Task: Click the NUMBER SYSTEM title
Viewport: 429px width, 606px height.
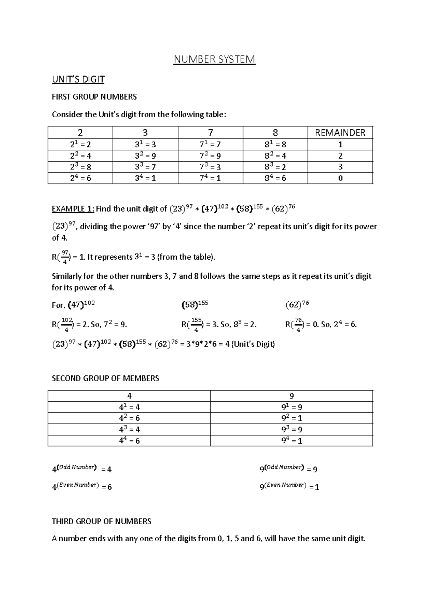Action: pos(214,59)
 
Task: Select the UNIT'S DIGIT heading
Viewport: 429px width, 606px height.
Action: pos(78,79)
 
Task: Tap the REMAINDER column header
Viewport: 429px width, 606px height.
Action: pos(340,133)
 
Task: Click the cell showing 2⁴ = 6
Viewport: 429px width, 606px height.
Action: pos(80,178)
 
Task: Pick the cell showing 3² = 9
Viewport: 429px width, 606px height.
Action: pos(145,155)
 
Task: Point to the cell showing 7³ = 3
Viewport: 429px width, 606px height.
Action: pos(210,167)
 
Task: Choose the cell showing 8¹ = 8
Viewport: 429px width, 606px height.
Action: pos(275,144)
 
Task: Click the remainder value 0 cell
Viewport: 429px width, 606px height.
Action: pos(340,178)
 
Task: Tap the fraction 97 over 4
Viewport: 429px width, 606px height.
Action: pos(65,257)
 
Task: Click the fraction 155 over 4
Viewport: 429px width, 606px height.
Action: pos(195,325)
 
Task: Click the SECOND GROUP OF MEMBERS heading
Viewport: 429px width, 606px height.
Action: pos(105,378)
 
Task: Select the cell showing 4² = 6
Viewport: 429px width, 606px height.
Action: pos(129,418)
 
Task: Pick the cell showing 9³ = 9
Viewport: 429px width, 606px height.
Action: pos(291,429)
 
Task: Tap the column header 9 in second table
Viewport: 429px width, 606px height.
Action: pos(291,396)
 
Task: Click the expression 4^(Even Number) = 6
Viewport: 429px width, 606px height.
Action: pos(82,486)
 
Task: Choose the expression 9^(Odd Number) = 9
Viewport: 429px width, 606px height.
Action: pos(288,468)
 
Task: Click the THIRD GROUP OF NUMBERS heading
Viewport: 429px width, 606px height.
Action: pos(102,521)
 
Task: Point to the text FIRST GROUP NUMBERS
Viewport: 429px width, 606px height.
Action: pos(94,97)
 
